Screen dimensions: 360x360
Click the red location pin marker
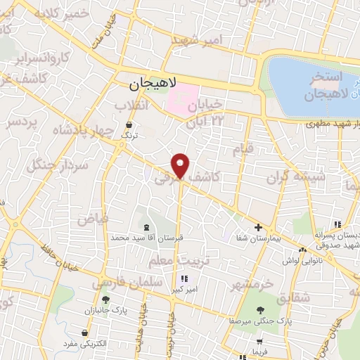coord(181,165)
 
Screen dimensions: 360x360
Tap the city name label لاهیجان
coord(150,84)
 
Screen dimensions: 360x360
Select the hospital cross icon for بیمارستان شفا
coord(259,227)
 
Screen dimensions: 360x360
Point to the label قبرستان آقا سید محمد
coord(146,238)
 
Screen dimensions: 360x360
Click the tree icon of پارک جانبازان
coord(105,300)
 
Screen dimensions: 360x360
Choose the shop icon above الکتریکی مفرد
coord(85,332)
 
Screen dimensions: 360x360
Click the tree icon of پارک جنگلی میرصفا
coord(262,310)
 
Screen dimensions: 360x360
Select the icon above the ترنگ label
coord(126,122)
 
